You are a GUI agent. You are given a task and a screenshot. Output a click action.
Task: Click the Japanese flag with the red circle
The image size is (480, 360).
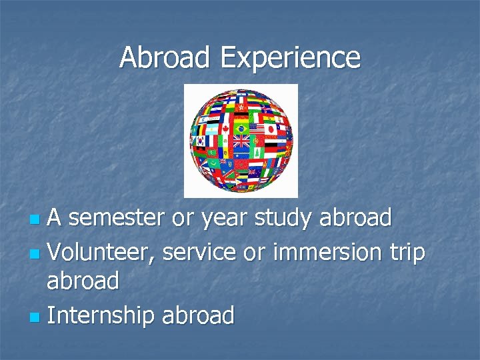(271, 128)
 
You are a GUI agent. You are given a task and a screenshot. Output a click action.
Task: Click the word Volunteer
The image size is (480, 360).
(101, 251)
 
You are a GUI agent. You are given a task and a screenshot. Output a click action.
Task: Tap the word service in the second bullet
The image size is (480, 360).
(199, 251)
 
